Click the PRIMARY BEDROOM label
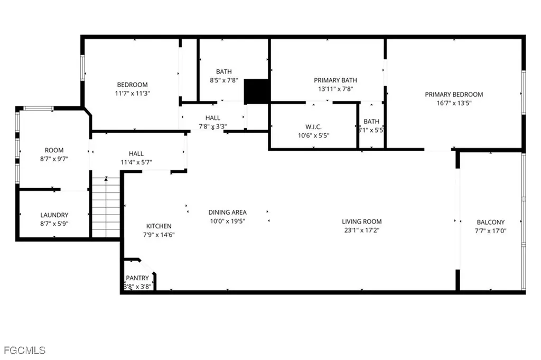point(454,95)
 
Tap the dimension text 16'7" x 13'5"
point(454,103)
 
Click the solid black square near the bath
point(257,91)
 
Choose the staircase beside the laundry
point(106,207)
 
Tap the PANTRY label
point(137,278)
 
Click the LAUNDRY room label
point(54,215)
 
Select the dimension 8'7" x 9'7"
point(54,159)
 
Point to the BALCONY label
point(490,223)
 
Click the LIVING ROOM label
point(361,221)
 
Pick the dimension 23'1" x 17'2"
point(361,230)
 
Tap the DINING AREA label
point(227,213)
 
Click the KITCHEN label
point(158,226)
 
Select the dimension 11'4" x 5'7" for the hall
point(136,162)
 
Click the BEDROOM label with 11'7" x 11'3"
point(132,85)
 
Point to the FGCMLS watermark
point(25,350)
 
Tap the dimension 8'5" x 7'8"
point(223,80)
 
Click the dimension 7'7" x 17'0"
point(490,230)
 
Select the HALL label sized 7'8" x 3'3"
point(213,118)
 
